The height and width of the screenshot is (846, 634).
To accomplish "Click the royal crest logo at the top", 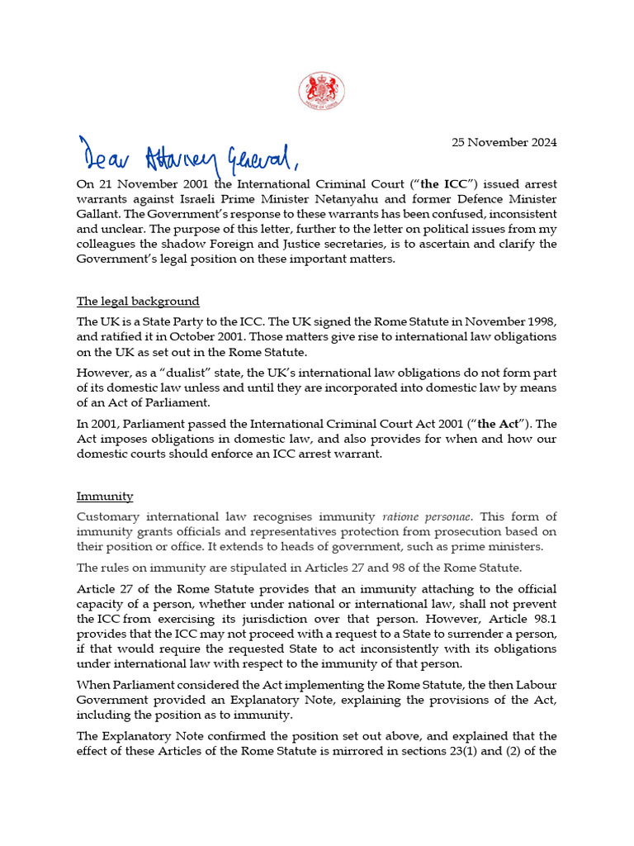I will pos(320,92).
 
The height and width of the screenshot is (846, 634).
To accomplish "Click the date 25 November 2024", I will pos(504,142).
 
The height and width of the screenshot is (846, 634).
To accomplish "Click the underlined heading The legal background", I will pos(138,301).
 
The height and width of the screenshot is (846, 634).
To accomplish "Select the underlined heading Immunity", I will pos(105,496).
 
